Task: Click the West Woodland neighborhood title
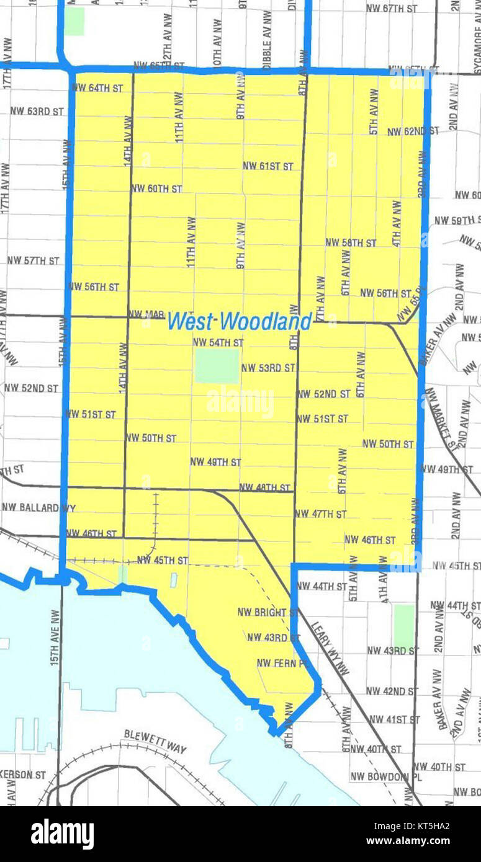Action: tap(240, 321)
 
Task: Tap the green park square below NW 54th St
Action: tap(217, 365)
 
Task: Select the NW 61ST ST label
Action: tap(267, 166)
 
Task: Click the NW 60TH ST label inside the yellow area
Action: tap(156, 189)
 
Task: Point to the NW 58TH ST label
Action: tap(351, 242)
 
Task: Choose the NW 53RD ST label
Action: tap(267, 368)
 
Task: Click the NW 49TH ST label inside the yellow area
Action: tap(215, 462)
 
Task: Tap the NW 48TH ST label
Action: tap(264, 487)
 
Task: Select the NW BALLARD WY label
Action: tap(38, 508)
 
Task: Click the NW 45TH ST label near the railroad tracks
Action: tap(162, 561)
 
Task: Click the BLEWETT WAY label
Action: tap(155, 742)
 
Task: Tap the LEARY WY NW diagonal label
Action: tap(330, 649)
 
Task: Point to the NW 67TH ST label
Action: tap(392, 8)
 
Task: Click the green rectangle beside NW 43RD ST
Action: tap(403, 626)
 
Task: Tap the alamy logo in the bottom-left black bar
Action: tap(62, 833)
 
